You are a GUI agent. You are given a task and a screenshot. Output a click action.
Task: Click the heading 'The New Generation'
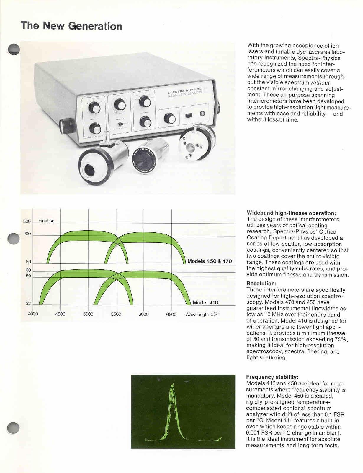tap(71, 26)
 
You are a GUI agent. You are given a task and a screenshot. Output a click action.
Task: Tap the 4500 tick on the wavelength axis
tap(60, 314)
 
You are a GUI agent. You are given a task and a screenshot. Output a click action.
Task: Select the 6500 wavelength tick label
tap(171, 314)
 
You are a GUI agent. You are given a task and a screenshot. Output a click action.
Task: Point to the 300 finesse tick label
tap(27, 221)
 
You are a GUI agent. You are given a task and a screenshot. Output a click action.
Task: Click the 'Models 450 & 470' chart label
tap(210, 261)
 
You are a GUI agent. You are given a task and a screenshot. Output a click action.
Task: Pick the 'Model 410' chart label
tap(205, 302)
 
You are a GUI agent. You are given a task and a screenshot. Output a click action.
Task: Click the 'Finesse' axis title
tap(46, 221)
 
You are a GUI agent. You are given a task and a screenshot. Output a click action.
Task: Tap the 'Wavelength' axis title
tap(197, 315)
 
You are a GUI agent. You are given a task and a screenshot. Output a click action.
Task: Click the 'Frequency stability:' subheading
tap(272, 377)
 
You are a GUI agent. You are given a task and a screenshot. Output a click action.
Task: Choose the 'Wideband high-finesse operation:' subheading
tap(291, 213)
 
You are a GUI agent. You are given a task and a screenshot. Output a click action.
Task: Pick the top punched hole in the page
tap(14, 50)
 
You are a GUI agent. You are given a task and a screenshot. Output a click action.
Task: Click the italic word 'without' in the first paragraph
tap(320, 83)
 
